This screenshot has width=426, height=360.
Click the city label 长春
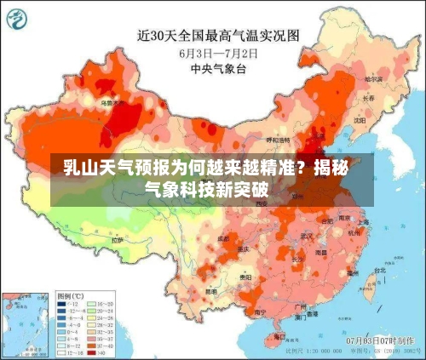click(368, 98)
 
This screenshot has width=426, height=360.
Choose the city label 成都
click(223, 240)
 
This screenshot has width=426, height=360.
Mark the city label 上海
click(363, 222)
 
